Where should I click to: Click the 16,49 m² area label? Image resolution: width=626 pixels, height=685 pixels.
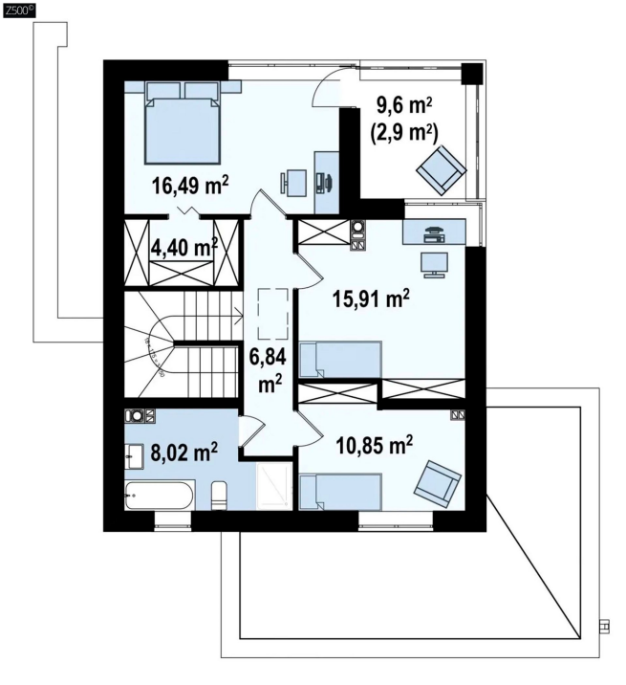tap(190, 186)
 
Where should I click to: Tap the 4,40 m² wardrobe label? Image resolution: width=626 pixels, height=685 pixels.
tap(183, 247)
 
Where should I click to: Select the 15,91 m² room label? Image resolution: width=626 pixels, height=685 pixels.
tap(371, 298)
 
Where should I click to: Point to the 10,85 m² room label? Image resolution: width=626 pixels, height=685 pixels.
tap(375, 445)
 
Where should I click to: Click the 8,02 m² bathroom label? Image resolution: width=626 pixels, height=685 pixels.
tap(183, 452)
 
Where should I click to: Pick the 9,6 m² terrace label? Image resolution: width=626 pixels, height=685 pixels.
tap(404, 106)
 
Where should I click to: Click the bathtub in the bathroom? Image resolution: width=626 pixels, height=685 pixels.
tap(160, 495)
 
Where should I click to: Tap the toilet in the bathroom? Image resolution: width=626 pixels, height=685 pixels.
tap(218, 496)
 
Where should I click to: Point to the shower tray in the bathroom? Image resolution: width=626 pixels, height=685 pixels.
tap(274, 486)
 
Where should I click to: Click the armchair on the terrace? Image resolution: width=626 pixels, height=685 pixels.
tap(441, 170)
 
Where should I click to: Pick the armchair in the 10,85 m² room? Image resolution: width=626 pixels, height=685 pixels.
tap(438, 484)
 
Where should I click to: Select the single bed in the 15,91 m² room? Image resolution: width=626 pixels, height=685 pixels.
tap(341, 359)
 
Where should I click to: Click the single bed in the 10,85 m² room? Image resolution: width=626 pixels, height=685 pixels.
tap(341, 492)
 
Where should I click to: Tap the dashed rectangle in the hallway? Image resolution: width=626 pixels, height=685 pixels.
tap(272, 314)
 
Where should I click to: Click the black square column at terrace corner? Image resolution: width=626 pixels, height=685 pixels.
tap(472, 74)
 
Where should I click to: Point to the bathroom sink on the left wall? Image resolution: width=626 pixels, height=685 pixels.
tap(134, 456)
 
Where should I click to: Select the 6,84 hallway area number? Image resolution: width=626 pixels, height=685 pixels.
tap(268, 358)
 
